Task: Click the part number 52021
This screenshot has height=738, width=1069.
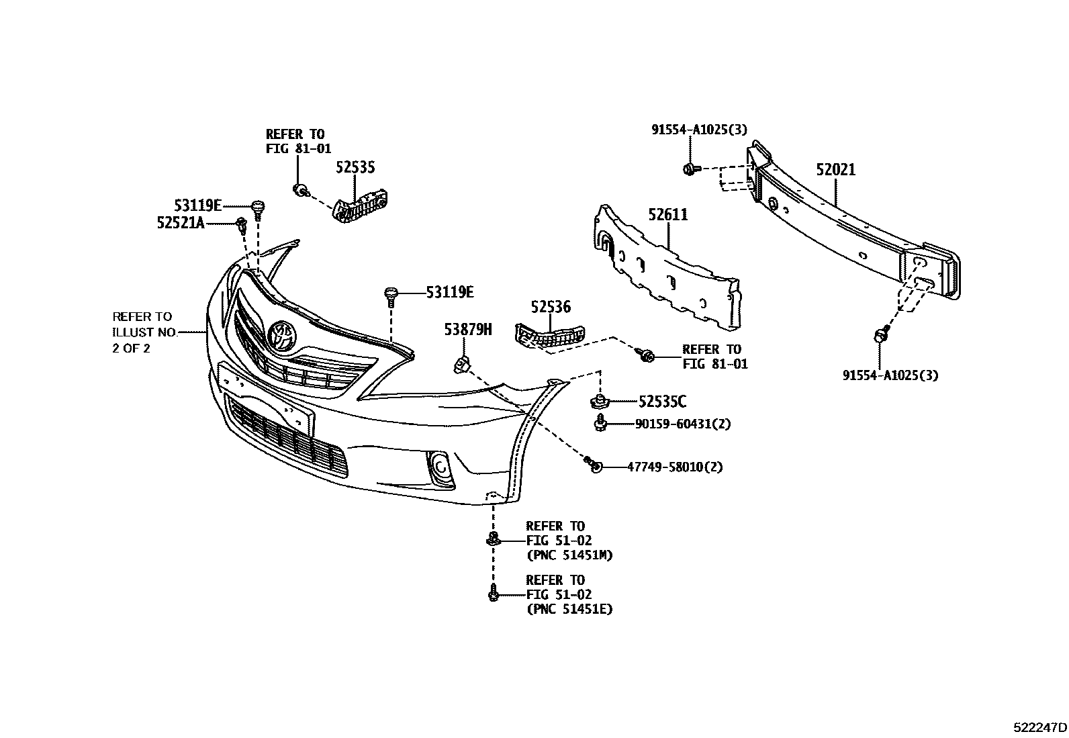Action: tap(835, 169)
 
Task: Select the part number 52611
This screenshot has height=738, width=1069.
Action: tap(668, 215)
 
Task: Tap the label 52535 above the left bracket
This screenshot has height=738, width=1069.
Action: tap(355, 167)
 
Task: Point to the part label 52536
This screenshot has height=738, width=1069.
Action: tap(551, 306)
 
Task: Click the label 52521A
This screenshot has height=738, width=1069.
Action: tap(181, 222)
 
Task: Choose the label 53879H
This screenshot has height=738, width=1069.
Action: tap(467, 329)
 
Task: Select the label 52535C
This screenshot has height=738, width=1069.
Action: tap(662, 402)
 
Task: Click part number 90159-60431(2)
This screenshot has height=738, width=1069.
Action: tap(682, 424)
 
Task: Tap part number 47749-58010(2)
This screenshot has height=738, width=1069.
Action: tap(675, 467)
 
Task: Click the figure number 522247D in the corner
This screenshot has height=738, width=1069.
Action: tap(1039, 727)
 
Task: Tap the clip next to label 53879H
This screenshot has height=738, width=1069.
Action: tap(462, 365)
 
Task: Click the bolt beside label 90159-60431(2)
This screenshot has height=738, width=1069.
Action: tap(600, 423)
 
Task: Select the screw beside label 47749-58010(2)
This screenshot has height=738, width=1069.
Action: tap(593, 464)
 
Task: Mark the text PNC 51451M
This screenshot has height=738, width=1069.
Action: tap(569, 555)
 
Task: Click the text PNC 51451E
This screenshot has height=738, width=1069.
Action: tap(569, 609)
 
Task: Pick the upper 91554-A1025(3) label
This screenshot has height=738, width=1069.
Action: tap(700, 130)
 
